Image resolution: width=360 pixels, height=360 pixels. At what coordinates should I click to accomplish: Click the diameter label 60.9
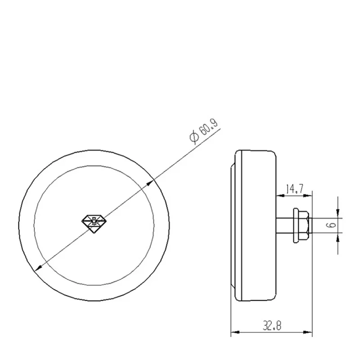tap(208, 127)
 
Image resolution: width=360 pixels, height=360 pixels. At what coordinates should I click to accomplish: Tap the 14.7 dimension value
tap(295, 189)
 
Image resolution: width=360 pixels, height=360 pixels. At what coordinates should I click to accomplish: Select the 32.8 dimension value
tap(272, 325)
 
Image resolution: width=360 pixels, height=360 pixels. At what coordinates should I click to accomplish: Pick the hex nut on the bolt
tap(303, 225)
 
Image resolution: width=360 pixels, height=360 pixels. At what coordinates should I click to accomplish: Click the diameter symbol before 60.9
tap(194, 137)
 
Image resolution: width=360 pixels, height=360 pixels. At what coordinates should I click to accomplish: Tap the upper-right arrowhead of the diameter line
tap(150, 183)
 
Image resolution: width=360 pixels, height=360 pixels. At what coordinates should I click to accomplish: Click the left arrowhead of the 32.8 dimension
tap(235, 332)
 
